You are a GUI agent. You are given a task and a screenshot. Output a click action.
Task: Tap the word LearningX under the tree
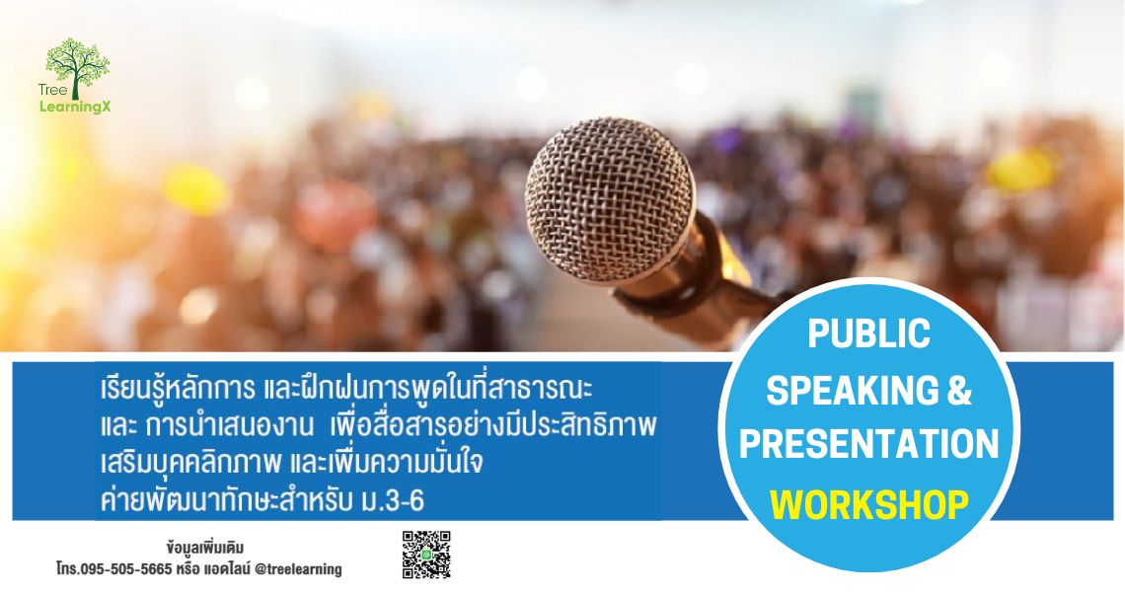pyautogui.click(x=75, y=105)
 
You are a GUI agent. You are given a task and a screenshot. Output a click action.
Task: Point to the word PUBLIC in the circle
pyautogui.click(x=868, y=334)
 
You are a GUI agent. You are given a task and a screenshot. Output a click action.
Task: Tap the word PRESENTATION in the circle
pyautogui.click(x=868, y=444)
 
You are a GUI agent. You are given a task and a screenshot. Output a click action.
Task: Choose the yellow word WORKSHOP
pyautogui.click(x=868, y=505)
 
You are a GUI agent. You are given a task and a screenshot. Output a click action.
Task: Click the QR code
pyautogui.click(x=426, y=555)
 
